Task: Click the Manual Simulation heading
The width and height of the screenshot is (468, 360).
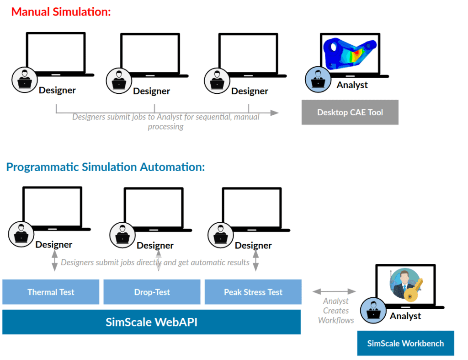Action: point(61,12)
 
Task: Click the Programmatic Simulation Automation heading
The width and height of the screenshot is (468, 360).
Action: point(106,167)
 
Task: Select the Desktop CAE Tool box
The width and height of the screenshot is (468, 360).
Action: point(350,112)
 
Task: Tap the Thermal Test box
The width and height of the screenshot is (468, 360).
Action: point(51,292)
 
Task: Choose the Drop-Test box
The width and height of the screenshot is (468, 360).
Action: point(152,292)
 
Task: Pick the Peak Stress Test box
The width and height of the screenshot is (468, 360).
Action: point(253,292)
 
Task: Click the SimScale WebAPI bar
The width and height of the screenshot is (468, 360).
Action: point(151,322)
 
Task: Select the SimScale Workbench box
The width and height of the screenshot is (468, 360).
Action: point(405,343)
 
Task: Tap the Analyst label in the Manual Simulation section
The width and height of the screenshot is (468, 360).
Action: point(352,85)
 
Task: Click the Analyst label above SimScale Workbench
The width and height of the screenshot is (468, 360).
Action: point(405,316)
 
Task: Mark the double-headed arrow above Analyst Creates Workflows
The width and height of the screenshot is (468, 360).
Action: point(334,291)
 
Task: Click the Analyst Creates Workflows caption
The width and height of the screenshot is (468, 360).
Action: point(336,311)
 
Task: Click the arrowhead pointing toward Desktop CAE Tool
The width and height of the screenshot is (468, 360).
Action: point(274,113)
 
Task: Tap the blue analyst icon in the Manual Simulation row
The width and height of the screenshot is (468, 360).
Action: point(315,80)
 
